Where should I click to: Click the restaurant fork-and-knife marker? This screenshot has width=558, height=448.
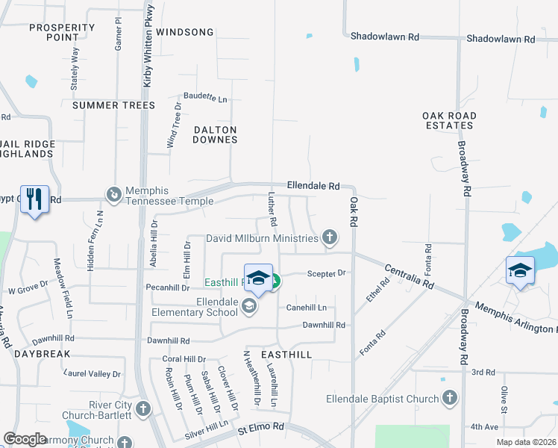(x=34, y=199)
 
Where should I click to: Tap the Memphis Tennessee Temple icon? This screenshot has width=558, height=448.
(x=114, y=195)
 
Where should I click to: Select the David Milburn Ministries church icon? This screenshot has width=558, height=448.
(x=329, y=238)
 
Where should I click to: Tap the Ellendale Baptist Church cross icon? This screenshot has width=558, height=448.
(x=449, y=399)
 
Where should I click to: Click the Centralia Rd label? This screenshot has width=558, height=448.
(x=410, y=277)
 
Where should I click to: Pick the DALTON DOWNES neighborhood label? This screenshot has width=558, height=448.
(x=215, y=134)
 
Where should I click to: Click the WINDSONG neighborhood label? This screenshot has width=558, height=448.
(x=185, y=32)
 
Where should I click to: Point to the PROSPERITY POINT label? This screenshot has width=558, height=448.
(x=62, y=32)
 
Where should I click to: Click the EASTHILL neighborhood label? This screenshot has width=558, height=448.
(x=286, y=353)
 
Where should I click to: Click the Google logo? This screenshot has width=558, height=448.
(x=25, y=439)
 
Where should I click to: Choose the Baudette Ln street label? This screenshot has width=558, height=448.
(x=206, y=99)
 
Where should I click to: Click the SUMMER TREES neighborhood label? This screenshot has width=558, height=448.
(x=113, y=105)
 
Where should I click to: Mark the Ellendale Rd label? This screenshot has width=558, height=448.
(x=314, y=186)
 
